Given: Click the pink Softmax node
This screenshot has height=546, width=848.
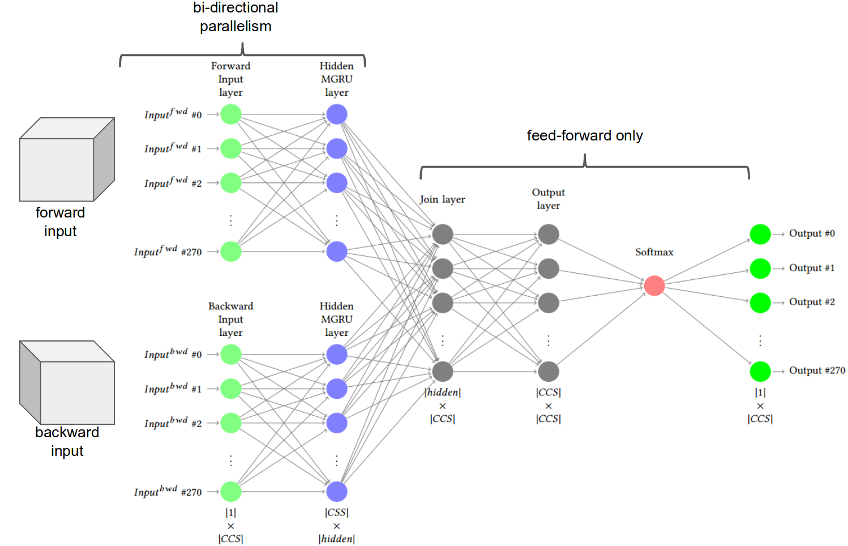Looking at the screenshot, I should point(654,285).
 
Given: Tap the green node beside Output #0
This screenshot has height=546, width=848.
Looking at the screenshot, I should point(760,234).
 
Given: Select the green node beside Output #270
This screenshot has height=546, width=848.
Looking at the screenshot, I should point(760,372).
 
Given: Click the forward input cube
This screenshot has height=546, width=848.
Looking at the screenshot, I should point(67,160).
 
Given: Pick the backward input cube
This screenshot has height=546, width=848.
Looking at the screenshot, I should point(67,382).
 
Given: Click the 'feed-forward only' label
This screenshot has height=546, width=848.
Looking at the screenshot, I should point(584,136).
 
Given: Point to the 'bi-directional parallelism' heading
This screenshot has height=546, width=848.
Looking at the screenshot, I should point(235,17).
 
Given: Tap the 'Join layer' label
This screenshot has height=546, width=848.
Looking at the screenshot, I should point(442,199).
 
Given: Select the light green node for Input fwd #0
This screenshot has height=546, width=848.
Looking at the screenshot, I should point(230,114).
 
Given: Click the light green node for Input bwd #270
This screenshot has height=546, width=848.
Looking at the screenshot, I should point(230,492).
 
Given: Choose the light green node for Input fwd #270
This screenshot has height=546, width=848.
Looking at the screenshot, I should point(230,251).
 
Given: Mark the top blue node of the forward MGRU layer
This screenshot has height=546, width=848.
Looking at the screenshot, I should point(336,114).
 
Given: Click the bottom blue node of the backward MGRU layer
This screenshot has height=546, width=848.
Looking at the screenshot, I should point(336,492).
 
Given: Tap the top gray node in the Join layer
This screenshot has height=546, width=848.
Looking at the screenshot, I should point(442,234).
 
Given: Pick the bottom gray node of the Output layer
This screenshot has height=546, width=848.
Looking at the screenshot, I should point(548,372).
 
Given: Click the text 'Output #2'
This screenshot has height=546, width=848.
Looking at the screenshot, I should point(811,302).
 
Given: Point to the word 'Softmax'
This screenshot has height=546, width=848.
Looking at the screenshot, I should point(654,252).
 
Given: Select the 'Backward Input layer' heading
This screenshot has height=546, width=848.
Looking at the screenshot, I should point(230,319).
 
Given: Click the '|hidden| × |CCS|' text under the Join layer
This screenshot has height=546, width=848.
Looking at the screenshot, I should point(442,406).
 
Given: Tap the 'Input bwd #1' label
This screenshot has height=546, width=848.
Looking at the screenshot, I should point(172,389).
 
